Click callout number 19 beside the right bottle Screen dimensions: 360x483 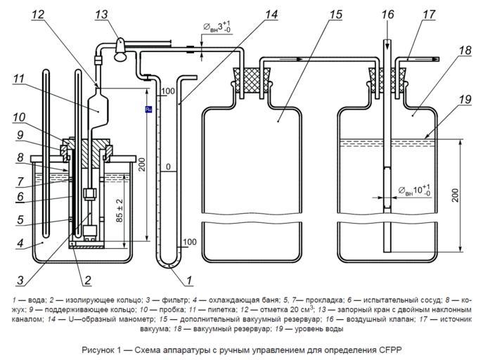pyautogui.click(x=463, y=99)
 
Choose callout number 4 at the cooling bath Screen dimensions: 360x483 pyautogui.click(x=21, y=244)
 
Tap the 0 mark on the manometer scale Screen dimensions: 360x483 pyautogui.click(x=168, y=167)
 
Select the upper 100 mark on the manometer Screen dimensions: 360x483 pyautogui.click(x=167, y=92)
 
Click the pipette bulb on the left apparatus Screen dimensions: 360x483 pyautogui.click(x=99, y=108)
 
